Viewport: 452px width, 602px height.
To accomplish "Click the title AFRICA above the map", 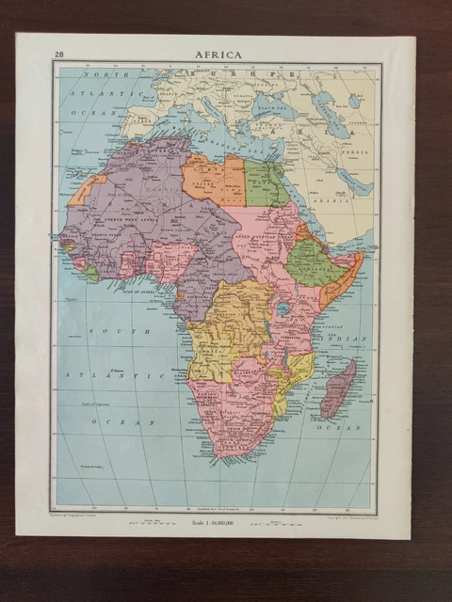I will pos(218,55).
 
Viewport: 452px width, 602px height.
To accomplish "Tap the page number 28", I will pos(59,55).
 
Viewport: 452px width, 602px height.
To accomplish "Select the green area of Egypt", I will pos(266,183).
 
